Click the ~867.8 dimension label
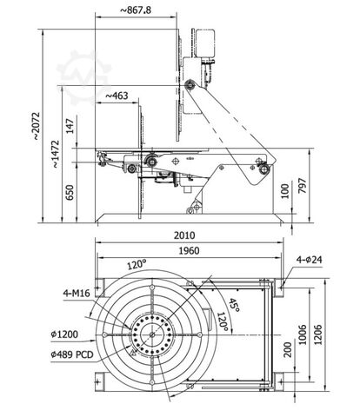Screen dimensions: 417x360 coord(140,10)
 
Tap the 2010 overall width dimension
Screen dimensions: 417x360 coord(184,235)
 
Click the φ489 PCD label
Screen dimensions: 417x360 coord(73,354)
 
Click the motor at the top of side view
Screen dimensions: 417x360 coord(206,40)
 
